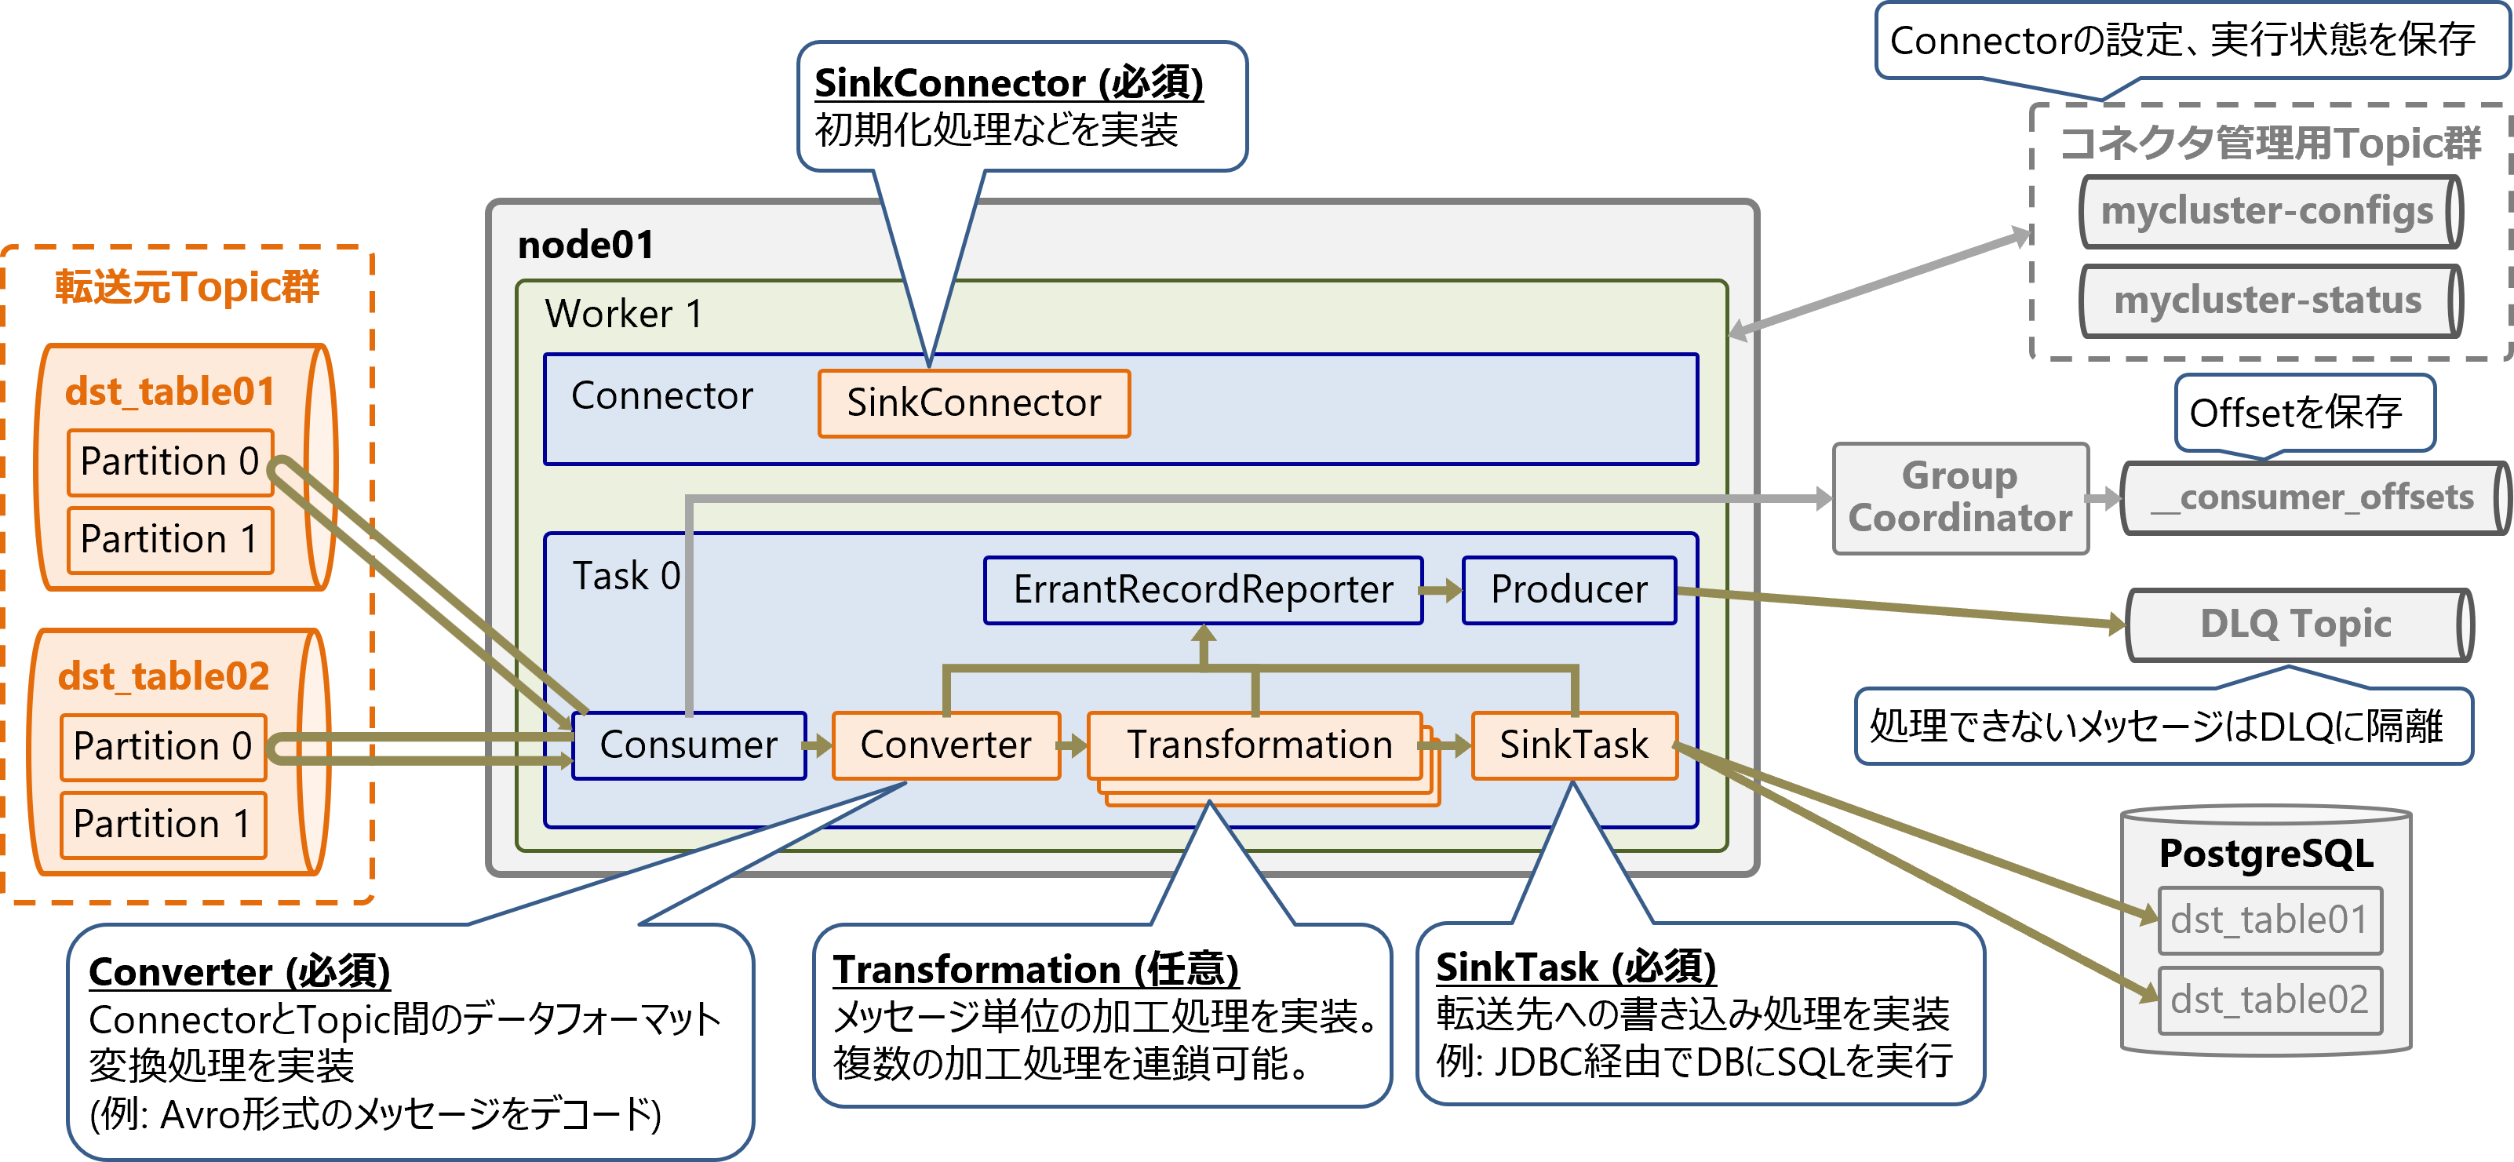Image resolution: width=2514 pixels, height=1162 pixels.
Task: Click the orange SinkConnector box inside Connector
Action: coord(973,403)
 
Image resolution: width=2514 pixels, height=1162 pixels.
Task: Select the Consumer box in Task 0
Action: coord(688,745)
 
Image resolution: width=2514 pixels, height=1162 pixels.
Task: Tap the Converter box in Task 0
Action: coord(945,745)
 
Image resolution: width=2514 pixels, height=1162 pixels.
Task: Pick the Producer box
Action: coord(1569,590)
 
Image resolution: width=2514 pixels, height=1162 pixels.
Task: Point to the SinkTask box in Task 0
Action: coord(1573,745)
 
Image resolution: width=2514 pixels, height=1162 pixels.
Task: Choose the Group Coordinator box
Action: coord(1960,497)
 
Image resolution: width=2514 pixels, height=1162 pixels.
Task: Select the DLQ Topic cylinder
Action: coord(2295,625)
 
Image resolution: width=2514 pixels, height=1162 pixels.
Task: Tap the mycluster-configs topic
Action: coord(2266,212)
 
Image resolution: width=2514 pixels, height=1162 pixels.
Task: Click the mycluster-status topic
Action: coord(2266,301)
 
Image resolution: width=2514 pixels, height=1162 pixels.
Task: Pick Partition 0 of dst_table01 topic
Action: coord(169,461)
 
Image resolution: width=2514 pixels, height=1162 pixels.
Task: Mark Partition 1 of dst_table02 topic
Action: coord(162,825)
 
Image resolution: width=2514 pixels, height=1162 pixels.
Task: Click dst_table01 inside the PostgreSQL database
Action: coord(2269,920)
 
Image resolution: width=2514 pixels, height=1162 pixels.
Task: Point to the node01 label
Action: coord(585,245)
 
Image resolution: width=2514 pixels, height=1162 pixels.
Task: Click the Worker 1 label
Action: coord(624,314)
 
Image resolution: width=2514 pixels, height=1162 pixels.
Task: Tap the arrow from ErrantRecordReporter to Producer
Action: coord(1441,590)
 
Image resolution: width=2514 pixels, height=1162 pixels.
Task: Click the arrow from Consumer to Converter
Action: coord(818,746)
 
